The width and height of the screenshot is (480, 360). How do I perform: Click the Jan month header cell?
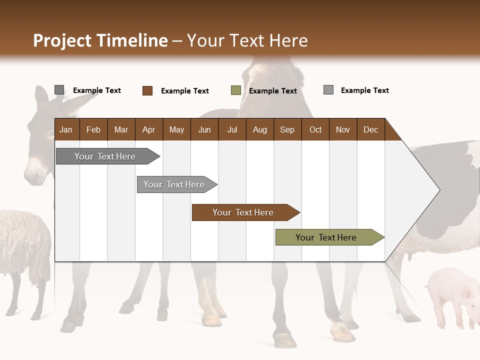point(66,129)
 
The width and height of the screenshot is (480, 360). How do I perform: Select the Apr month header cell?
point(148,129)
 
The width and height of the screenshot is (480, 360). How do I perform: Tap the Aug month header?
point(259,129)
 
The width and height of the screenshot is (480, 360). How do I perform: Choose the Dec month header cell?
point(370,129)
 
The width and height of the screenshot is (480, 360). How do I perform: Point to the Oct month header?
point(315,129)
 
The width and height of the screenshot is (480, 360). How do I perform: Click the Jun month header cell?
point(204,129)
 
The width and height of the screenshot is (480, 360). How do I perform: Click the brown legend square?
point(147,90)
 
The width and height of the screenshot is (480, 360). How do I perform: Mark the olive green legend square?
point(235,90)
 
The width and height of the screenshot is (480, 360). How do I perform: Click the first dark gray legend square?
point(59,90)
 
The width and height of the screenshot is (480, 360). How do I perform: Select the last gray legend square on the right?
point(328,90)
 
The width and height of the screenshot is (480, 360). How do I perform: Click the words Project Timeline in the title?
point(100,40)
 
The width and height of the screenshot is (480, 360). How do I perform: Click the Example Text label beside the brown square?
point(184,91)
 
